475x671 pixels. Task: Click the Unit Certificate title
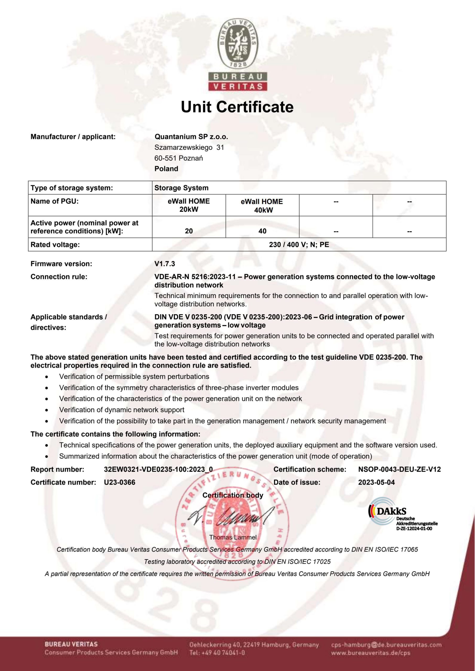tap(237, 107)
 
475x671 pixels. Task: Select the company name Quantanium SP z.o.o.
tap(191, 137)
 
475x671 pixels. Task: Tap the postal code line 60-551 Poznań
tap(179, 158)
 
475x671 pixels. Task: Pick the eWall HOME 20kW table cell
tap(189, 205)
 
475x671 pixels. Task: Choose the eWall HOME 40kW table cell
tap(262, 205)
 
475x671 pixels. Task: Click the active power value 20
tap(189, 231)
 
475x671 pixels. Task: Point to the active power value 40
tap(262, 231)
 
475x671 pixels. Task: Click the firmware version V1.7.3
tap(165, 264)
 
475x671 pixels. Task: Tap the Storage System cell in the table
tap(181, 188)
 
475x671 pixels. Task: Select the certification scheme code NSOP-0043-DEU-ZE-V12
tap(399, 469)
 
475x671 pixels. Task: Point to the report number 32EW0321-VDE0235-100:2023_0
tap(158, 469)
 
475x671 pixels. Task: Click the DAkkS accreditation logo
tap(402, 514)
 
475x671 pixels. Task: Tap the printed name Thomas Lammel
tap(233, 537)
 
